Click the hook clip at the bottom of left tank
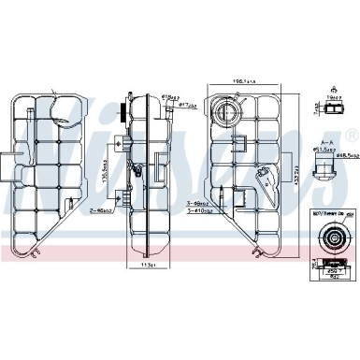pos(37,252)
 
